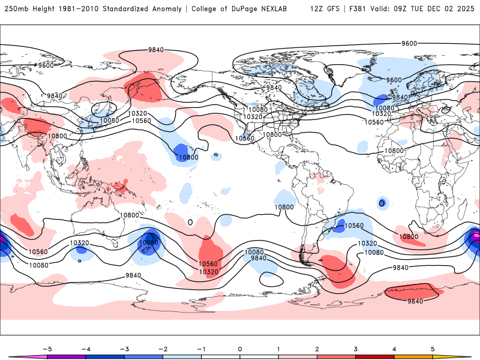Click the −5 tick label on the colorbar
click(47, 348)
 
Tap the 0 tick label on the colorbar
click(239, 348)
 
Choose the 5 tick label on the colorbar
click(432, 348)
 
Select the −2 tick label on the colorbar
click(163, 348)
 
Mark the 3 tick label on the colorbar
click(355, 348)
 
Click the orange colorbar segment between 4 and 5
click(413, 356)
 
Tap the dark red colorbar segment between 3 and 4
click(374, 356)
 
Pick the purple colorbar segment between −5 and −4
click(67, 356)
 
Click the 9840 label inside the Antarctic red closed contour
click(416, 301)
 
